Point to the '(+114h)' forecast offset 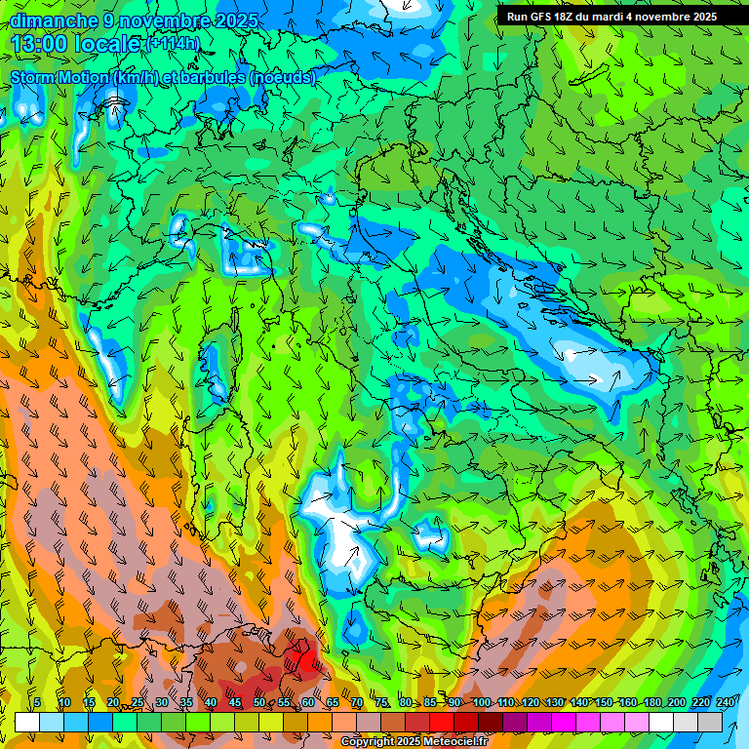tap(173, 44)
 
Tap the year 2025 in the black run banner tap(699, 17)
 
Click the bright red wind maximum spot tap(308, 662)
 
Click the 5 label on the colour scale tap(37, 703)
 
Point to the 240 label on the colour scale tap(725, 703)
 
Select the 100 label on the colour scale tap(481, 703)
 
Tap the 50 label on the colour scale tap(259, 703)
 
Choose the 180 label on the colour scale tap(651, 703)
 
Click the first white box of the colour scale tap(27, 723)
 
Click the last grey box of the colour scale tap(710, 723)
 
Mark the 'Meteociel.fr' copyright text tap(458, 742)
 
